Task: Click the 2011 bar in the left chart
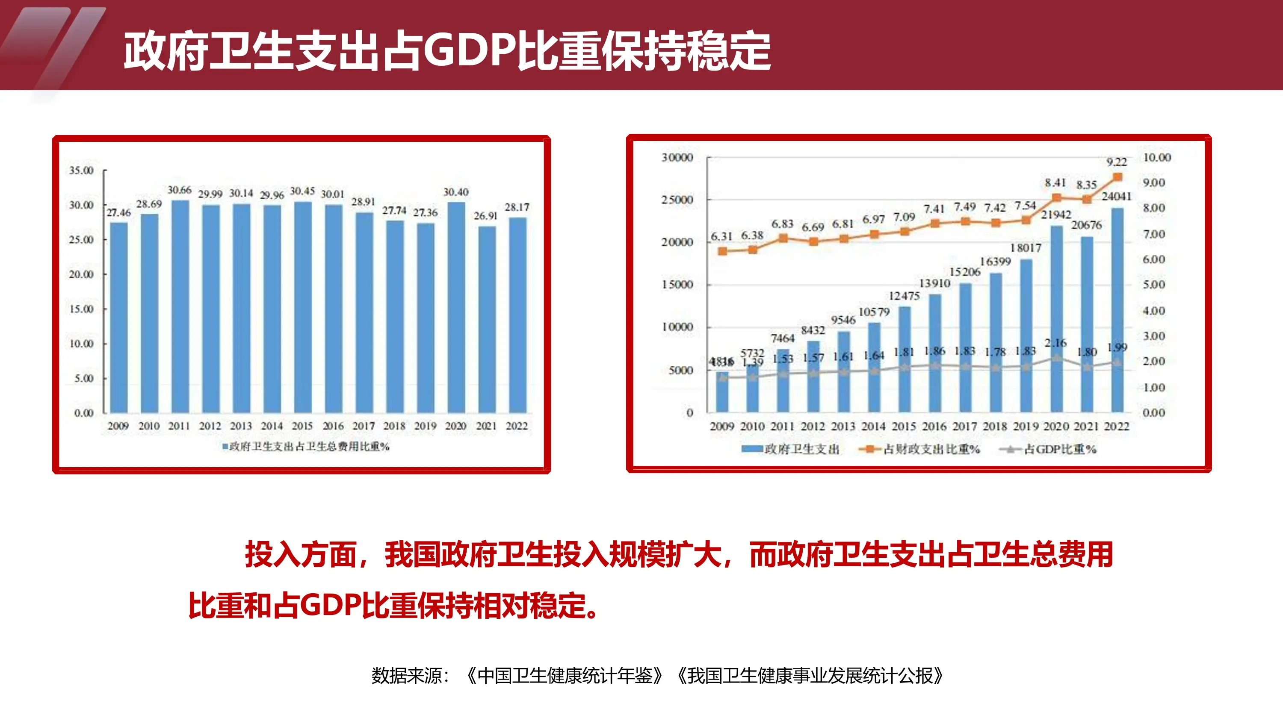[180, 306]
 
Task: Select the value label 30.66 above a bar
[179, 190]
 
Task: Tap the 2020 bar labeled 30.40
[456, 307]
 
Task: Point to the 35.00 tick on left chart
[81, 170]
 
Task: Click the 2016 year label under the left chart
[333, 426]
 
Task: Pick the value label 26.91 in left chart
[485, 216]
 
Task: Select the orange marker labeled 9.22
[1117, 177]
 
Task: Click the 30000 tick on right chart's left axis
[677, 157]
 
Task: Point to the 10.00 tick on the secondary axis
[1156, 157]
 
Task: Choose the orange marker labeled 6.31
[723, 251]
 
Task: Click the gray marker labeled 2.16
[1056, 358]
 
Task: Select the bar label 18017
[1026, 248]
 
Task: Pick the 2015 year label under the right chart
[904, 427]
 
